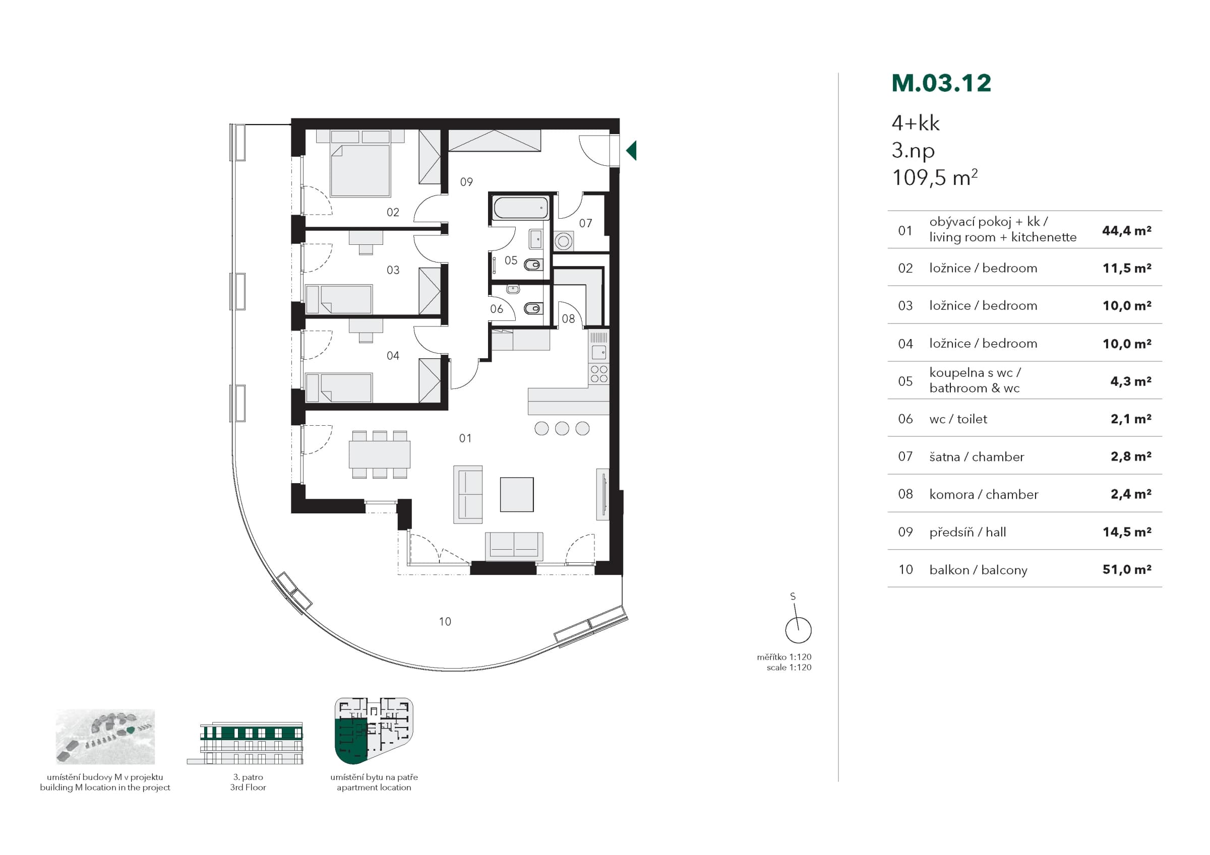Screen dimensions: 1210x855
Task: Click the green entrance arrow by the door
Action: coord(632,150)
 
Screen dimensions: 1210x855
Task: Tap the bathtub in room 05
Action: coord(521,208)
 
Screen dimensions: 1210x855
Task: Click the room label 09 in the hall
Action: coord(466,182)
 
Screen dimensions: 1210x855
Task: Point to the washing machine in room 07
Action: coord(563,242)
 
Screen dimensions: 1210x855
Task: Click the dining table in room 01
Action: coord(380,454)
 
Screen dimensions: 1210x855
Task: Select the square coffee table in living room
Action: coord(517,494)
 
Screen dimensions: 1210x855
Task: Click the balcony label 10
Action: coord(445,622)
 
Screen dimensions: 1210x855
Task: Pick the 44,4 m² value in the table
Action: coord(1127,230)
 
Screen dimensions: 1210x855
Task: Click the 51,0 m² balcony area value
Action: coord(1127,569)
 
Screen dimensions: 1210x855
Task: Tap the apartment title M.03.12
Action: coord(941,83)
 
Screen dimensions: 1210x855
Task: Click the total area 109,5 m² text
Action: coord(934,177)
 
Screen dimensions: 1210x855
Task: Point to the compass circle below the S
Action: coord(799,630)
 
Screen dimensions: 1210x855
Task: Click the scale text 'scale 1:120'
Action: coord(789,668)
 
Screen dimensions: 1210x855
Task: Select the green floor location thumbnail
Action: coord(374,731)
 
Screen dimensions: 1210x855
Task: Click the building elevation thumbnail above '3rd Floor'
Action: coord(246,743)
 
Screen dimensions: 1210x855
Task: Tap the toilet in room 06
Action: coord(533,308)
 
